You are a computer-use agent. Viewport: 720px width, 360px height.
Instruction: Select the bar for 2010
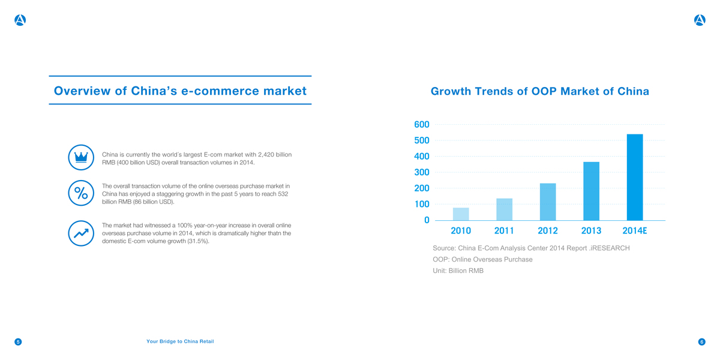coord(461,214)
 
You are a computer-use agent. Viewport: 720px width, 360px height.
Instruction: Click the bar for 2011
coord(504,209)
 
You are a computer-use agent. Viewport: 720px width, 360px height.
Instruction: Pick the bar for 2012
coord(548,202)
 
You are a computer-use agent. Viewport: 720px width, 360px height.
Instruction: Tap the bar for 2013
coord(591,191)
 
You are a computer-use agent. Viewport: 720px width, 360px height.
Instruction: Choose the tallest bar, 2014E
coord(635,178)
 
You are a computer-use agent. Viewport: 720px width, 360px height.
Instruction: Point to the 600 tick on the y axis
coord(421,125)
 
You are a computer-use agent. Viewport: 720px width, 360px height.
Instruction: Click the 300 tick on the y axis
coord(421,173)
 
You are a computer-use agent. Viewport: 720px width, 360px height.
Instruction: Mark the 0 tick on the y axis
coord(426,220)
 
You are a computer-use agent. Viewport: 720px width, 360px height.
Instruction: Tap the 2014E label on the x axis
coord(635,231)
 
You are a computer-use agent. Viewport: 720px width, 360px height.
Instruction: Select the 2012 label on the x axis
coord(548,231)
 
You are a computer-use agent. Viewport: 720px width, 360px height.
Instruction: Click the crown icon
coord(80,157)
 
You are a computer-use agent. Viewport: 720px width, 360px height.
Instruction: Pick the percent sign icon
coord(80,193)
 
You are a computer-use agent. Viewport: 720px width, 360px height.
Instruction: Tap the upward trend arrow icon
coord(80,232)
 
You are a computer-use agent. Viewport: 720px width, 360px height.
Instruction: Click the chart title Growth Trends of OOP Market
coord(539,92)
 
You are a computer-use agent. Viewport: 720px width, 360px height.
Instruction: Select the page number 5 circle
coord(18,342)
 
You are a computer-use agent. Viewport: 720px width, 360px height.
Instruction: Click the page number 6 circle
coord(701,342)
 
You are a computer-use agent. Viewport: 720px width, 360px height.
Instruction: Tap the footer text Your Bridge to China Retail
coord(180,341)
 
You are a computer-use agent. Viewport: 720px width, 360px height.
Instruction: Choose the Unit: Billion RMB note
coord(458,271)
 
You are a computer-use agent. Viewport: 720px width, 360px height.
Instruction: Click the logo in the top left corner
coord(20,20)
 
